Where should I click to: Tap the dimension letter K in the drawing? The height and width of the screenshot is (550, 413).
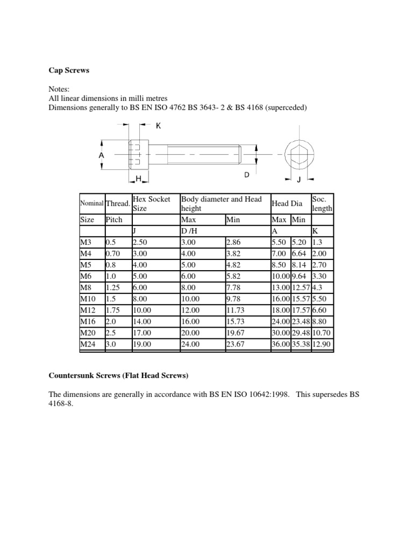159,126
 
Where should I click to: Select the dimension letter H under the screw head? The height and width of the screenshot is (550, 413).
138,178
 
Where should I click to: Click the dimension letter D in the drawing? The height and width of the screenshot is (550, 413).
247,175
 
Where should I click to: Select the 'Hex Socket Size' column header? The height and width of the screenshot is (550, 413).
151,204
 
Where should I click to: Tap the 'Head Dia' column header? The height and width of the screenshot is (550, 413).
286,204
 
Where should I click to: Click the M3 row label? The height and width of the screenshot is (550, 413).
86,242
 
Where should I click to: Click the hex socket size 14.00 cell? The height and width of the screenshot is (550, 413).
143,321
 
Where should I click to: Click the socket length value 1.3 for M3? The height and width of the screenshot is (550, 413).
318,242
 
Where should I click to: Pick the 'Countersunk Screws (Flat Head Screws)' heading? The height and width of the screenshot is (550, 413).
119,374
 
